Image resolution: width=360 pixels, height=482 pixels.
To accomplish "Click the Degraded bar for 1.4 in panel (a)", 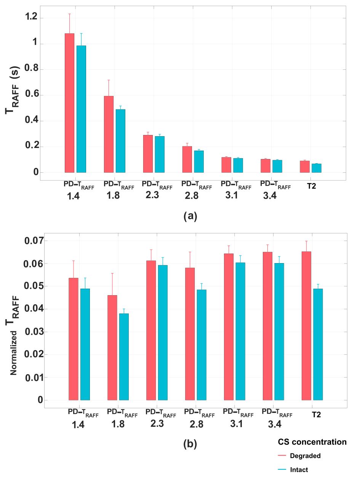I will (x=69, y=103).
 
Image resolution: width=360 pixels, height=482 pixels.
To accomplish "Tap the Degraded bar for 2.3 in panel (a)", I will (x=148, y=154).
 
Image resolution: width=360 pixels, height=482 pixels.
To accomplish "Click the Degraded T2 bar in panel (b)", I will (x=306, y=326).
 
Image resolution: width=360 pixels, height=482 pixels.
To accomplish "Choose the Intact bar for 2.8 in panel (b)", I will (x=201, y=345).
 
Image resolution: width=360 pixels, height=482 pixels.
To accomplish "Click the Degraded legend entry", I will (x=305, y=456).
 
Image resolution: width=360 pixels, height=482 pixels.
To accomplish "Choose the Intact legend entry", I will (x=299, y=470).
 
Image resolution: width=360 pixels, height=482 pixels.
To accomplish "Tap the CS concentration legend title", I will (x=312, y=442).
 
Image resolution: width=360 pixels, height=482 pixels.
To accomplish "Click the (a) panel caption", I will (x=190, y=216).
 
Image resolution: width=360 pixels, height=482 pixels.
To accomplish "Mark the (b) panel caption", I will (x=190, y=443).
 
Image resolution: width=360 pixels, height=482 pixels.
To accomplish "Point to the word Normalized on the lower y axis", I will (x=14, y=353).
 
